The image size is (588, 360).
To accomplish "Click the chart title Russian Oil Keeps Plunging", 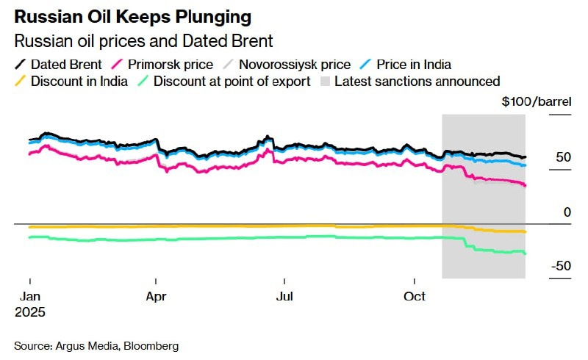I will point(132,15).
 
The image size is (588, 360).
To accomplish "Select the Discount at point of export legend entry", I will point(232,81).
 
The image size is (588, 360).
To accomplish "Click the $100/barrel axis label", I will point(536,102).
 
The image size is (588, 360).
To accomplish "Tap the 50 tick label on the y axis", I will point(563,158).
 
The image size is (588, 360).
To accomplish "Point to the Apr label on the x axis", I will point(156,297).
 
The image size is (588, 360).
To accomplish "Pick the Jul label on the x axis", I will point(284,297).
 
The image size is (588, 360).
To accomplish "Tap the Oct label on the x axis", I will point(415,297).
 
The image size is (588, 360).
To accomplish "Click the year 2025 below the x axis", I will point(30,312).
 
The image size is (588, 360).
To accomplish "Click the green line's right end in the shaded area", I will point(525,253).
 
